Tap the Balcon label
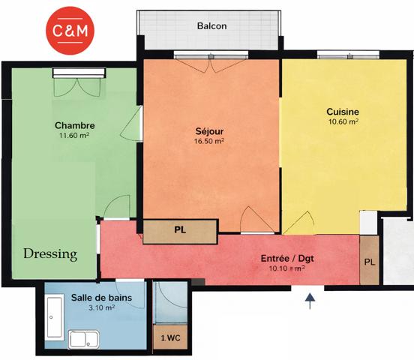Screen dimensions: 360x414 [211, 26]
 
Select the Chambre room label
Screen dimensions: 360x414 [73, 124]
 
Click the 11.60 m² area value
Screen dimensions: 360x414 [73, 136]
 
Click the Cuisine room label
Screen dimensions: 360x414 [343, 111]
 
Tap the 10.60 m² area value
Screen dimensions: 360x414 [343, 121]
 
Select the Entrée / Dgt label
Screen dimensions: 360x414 [287, 258]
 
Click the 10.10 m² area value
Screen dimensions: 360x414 [287, 268]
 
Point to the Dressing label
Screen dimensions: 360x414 [50, 254]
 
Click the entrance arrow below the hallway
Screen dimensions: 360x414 [310, 301]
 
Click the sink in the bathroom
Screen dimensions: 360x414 [79, 339]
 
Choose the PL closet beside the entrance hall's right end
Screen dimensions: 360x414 [369, 262]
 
